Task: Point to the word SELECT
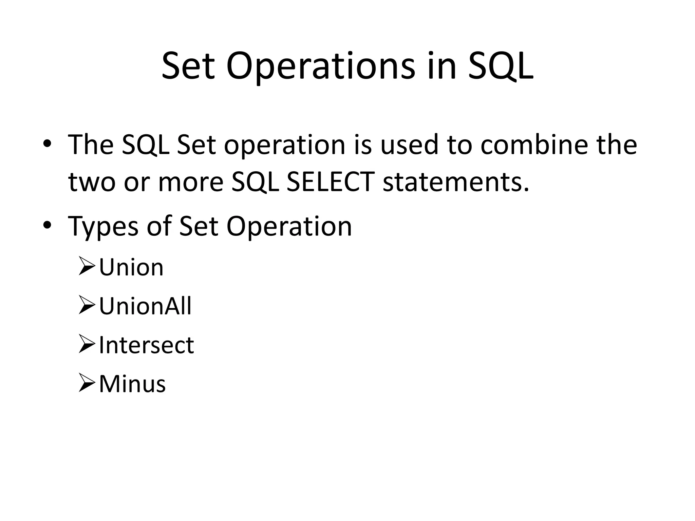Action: [x=330, y=182]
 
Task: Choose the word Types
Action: [x=103, y=227]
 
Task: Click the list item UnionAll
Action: [x=145, y=306]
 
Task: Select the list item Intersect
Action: [x=146, y=345]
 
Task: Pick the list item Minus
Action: [x=132, y=384]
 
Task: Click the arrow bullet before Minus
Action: [x=87, y=382]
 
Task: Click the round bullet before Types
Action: [x=47, y=225]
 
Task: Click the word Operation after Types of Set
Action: [x=289, y=227]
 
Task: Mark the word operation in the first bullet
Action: [x=284, y=146]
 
